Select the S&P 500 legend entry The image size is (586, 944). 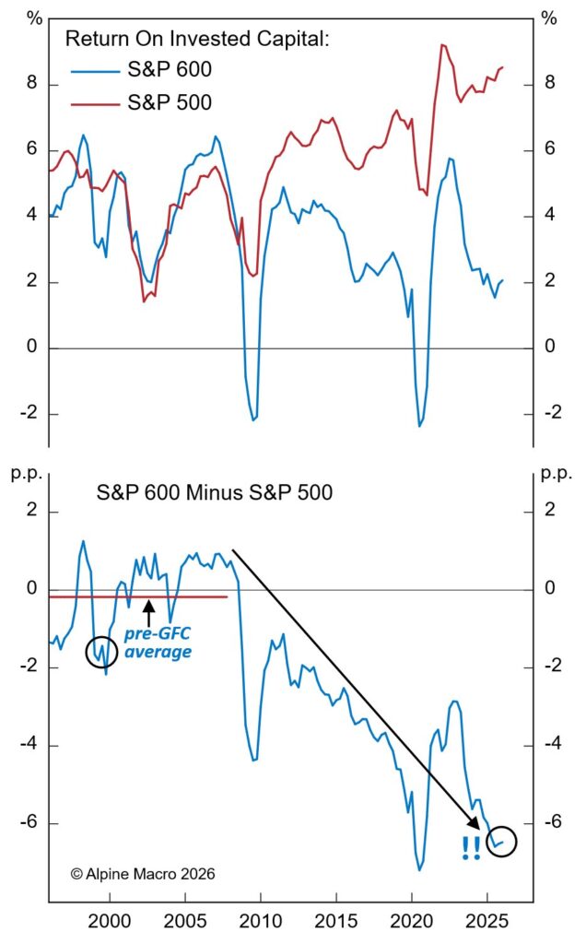pyautogui.click(x=171, y=102)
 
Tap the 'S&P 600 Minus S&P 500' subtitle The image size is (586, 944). pyautogui.click(x=215, y=493)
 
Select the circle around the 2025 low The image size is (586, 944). pyautogui.click(x=502, y=841)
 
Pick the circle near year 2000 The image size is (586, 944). pyautogui.click(x=102, y=652)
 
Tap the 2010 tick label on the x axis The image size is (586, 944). pyautogui.click(x=261, y=923)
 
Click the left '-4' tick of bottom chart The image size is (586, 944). pyautogui.click(x=28, y=745)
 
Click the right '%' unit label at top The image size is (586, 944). pyautogui.click(x=550, y=18)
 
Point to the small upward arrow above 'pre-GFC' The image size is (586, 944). pyautogui.click(x=148, y=609)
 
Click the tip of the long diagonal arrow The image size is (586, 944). pyautogui.click(x=491, y=828)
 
